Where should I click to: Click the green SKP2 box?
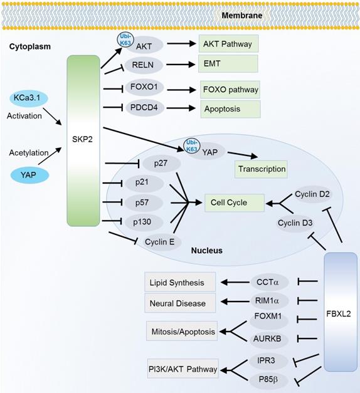[x=83, y=140]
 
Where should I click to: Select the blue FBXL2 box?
[x=341, y=311]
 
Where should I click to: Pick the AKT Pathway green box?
[x=229, y=45]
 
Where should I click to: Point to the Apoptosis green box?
[x=229, y=108]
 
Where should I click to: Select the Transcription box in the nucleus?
[x=261, y=169]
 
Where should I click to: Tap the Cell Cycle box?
[x=229, y=202]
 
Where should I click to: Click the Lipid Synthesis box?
[x=180, y=282]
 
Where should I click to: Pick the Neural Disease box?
[x=180, y=303]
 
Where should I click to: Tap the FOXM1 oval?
[x=267, y=318]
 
